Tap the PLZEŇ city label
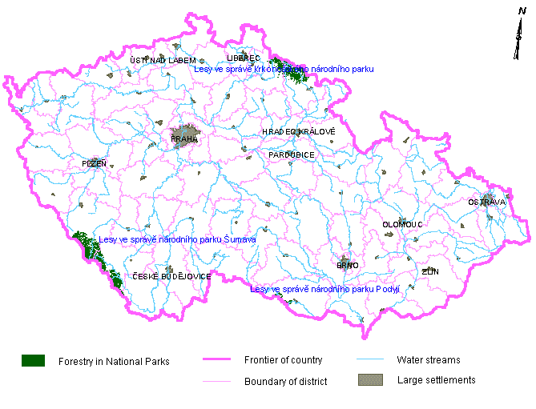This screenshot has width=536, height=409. (94, 163)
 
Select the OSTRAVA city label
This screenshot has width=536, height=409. (487, 202)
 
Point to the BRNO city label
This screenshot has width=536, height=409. (347, 265)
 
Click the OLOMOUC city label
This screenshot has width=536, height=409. (401, 225)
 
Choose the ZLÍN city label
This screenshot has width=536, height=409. (430, 272)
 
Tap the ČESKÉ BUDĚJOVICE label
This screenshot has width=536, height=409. (171, 276)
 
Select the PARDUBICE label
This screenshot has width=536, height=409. (292, 154)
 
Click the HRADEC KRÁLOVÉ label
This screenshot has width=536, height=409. (298, 131)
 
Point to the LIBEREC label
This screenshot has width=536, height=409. (244, 58)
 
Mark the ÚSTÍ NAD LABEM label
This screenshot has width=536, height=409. (163, 61)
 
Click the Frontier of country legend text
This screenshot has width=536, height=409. (284, 360)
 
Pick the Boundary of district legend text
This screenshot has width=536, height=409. (285, 382)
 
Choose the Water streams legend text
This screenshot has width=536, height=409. (429, 360)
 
